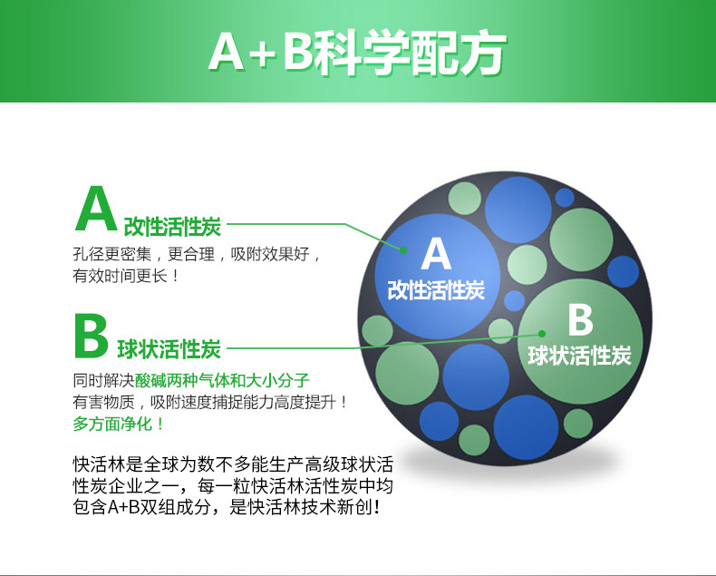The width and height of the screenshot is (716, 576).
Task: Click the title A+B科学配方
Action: pos(357,53)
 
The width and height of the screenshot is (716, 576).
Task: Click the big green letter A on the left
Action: pos(96,209)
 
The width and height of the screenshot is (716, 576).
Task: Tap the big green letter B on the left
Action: pos(91,336)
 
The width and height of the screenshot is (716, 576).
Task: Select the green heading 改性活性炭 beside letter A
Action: pos(172,226)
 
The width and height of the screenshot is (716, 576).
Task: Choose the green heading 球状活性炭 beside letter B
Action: pos(169,349)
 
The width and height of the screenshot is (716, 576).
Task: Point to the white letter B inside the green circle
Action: pos(580,319)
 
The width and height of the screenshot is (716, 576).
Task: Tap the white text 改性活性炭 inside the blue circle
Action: pos(436,290)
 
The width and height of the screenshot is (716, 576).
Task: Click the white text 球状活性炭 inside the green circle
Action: pos(579,356)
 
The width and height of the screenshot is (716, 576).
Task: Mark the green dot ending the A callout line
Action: pos(403,250)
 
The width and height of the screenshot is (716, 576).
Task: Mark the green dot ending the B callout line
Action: pos(542,334)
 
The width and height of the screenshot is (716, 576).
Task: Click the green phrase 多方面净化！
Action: pos(118,424)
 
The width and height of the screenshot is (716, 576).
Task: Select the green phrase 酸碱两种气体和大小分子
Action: pos(222,380)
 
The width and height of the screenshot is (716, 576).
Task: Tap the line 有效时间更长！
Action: pos(127,276)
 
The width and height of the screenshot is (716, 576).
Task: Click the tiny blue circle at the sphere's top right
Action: pos(565,198)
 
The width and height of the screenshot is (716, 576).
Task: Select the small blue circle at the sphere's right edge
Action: pos(623,271)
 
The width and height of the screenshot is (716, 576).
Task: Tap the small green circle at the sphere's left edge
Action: pos(377,330)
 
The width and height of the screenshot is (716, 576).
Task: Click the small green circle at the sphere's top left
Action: pos(464,199)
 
